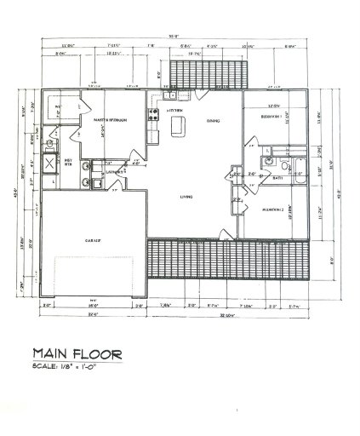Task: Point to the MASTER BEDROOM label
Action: coord(111,120)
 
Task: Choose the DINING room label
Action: coord(214,121)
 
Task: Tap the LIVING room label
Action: coord(185,197)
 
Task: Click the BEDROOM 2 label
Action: coord(272,209)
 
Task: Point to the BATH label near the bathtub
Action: coord(277,177)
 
